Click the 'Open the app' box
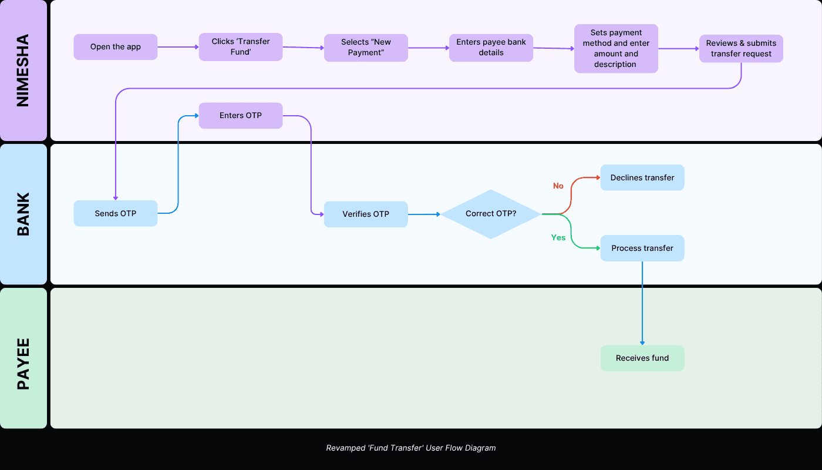coord(115,47)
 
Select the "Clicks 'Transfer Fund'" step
coord(241,47)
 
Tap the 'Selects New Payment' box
coord(366,47)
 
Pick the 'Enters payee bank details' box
coord(491,48)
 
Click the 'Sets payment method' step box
coord(616,49)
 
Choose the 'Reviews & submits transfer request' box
coord(741,49)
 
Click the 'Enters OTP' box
coord(241,116)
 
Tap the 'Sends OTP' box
coord(115,213)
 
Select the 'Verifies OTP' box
coord(366,214)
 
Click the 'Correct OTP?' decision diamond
coord(491,214)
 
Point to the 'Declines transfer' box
coord(642,177)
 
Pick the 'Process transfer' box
coord(642,249)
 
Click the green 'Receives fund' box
coord(642,358)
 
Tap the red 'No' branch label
coord(558,186)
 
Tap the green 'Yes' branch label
coord(558,238)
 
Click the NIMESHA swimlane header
coord(23,70)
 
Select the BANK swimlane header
coord(23,214)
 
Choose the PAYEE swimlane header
coord(23,358)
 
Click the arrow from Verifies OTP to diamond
coord(424,214)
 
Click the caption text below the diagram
coord(411,448)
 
